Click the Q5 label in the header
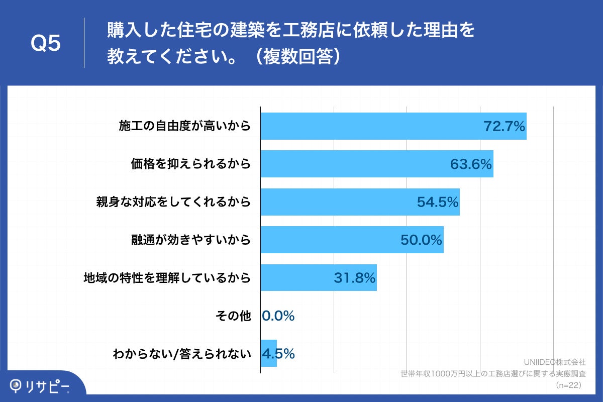tap(46, 44)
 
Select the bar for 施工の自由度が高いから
tap(372, 126)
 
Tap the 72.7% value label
tap(504, 126)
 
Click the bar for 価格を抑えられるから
tap(352, 164)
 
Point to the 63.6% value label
tap(471, 164)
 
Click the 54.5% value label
tap(438, 202)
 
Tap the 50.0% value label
tap(421, 240)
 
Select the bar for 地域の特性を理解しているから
tap(296, 277)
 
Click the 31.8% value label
tap(355, 278)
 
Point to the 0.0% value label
tap(278, 316)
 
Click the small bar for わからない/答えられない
tap(269, 353)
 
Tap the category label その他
tap(233, 316)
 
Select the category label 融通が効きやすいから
tap(190, 240)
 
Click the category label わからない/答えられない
tap(181, 354)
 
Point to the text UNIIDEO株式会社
tap(555, 362)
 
